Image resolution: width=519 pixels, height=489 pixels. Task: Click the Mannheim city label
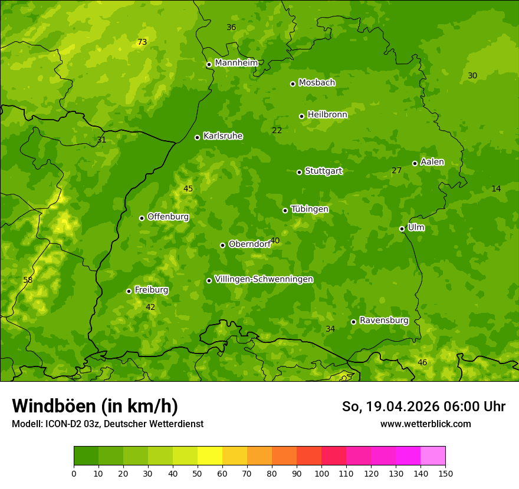236,63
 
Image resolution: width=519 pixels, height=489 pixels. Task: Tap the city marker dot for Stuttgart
299,172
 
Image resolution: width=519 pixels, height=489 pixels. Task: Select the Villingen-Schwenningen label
264,279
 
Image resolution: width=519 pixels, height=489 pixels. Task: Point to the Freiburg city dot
129,291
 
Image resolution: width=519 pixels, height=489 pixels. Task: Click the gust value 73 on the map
142,42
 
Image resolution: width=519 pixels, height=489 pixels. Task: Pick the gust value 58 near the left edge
28,280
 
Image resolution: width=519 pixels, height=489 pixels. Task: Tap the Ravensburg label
384,321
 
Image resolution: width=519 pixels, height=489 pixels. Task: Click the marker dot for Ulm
402,229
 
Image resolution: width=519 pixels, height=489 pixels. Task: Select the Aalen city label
432,162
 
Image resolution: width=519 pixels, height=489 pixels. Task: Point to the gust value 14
496,189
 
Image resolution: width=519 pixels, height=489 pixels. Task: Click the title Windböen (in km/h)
95,406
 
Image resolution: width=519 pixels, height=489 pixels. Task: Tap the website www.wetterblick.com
425,424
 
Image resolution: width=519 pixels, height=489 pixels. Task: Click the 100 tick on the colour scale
321,473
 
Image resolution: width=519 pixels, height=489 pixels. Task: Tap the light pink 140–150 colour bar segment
433,455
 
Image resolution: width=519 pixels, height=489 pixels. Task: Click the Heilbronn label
327,115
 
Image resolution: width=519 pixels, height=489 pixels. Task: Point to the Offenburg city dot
142,218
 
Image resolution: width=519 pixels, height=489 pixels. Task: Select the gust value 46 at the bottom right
422,362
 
